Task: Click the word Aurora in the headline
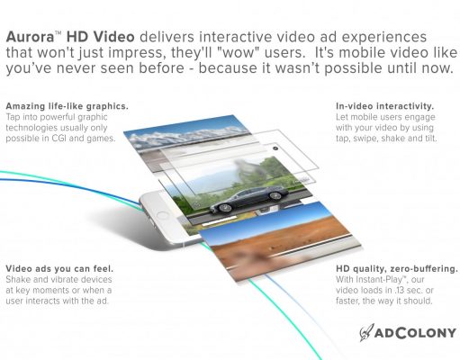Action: [30, 37]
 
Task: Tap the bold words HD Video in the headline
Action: [100, 37]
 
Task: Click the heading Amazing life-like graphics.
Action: [67, 106]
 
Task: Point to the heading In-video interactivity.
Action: [385, 106]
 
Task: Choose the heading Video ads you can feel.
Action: [59, 268]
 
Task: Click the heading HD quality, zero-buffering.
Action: [397, 269]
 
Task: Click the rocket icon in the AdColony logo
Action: [366, 332]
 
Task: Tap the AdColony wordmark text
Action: [415, 333]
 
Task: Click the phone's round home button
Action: [163, 216]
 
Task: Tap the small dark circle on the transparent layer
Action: [275, 148]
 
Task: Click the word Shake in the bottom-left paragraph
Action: [18, 280]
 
